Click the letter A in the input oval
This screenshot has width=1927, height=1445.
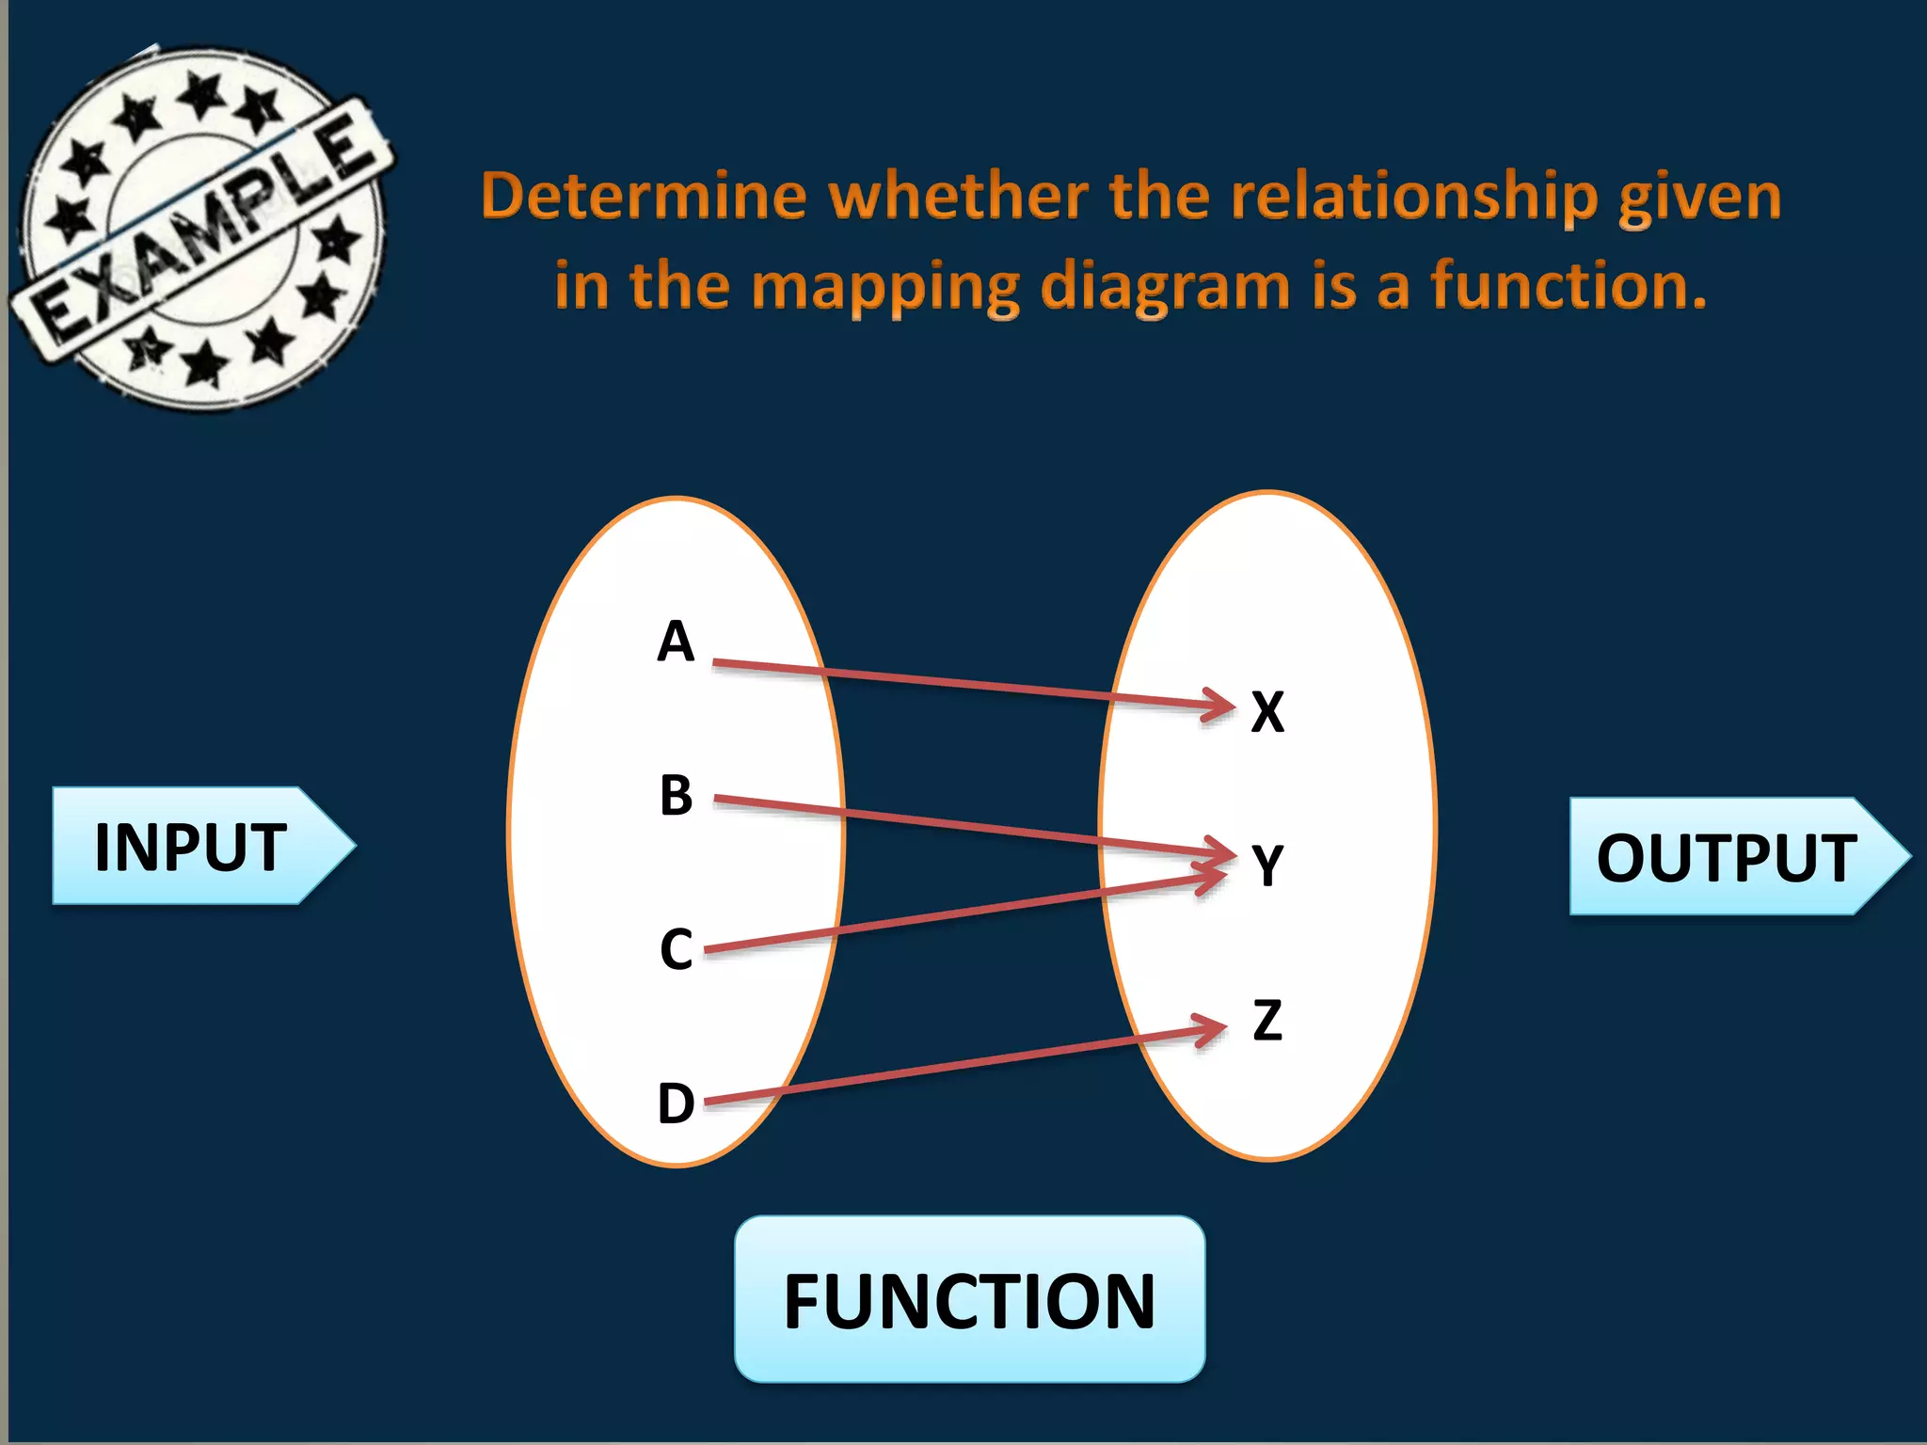coord(676,643)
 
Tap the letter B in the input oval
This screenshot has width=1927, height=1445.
coord(676,796)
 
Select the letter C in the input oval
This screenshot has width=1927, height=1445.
coord(676,949)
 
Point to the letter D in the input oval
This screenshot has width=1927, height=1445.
coord(676,1104)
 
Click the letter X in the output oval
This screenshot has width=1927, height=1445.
coord(1267,712)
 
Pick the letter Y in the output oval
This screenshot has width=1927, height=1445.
coord(1267,865)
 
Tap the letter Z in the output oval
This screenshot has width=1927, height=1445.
coord(1267,1020)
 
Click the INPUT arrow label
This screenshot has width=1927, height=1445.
coord(191,847)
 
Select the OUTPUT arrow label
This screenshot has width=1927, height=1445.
coord(1727,857)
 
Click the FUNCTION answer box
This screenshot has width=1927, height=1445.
coord(969,1300)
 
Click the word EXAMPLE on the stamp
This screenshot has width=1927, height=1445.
coord(202,230)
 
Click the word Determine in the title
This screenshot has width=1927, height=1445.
coord(644,197)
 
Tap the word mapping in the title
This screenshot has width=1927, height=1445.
coord(885,286)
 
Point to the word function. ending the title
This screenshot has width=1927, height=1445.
coord(1569,286)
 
